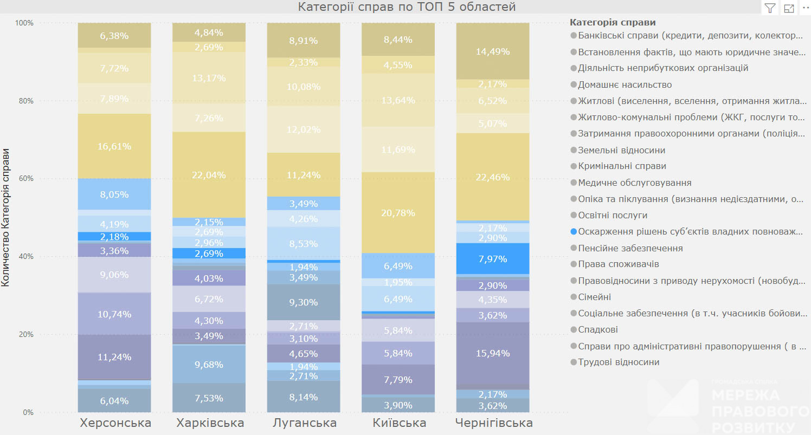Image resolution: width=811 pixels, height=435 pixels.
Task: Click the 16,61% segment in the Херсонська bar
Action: tap(114, 146)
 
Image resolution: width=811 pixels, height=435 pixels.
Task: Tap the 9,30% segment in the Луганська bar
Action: tap(303, 302)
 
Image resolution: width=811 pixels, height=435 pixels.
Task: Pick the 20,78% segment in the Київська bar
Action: tap(398, 213)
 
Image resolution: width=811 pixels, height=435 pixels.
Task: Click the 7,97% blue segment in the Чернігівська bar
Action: tap(492, 259)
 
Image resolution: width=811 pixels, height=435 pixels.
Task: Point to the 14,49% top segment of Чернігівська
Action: tap(492, 51)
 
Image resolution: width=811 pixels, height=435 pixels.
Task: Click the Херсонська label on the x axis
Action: tap(115, 423)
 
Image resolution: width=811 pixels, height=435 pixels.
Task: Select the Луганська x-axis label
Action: tap(304, 423)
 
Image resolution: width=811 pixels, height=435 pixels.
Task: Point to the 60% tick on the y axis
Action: tap(25, 179)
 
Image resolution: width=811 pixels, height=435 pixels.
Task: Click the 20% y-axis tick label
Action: tap(25, 334)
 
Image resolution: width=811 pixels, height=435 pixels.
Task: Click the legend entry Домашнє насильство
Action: tap(625, 85)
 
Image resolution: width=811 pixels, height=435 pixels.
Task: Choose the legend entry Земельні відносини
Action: tap(621, 150)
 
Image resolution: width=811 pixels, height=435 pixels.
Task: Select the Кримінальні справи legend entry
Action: tap(622, 166)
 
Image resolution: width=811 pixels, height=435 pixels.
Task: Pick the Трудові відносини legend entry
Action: tap(619, 362)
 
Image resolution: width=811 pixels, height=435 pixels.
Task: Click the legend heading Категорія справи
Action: tap(613, 22)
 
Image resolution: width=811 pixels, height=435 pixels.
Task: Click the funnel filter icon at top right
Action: tap(770, 8)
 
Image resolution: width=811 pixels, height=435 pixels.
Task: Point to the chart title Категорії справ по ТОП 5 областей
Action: tap(407, 7)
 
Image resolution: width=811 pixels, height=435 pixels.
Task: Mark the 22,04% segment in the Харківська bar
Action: tap(209, 175)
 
